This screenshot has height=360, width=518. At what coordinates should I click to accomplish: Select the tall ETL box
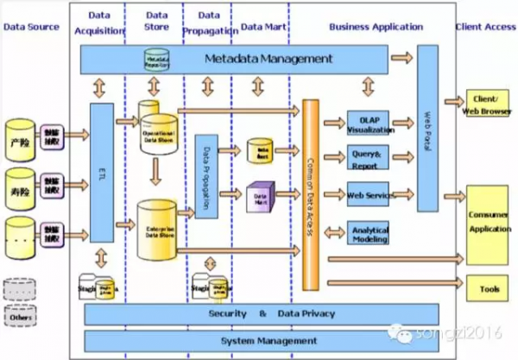[102, 173]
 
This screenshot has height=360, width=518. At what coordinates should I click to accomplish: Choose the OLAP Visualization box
[370, 124]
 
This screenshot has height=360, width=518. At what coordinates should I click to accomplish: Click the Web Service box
[369, 195]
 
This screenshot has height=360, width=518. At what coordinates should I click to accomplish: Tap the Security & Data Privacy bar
[262, 313]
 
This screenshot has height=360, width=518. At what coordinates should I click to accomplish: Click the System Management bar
[262, 340]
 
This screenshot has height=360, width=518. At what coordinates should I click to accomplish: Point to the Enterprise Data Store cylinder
[158, 228]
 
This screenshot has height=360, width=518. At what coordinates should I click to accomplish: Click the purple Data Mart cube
[258, 197]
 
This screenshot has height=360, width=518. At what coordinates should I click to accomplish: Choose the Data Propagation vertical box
[205, 176]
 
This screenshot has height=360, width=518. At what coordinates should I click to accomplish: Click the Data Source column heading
[32, 27]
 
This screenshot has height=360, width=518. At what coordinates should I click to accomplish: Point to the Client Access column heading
[486, 27]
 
